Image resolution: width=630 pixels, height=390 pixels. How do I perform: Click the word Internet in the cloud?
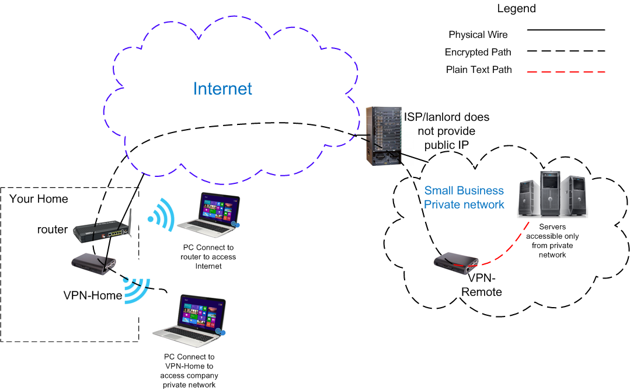pos(222,89)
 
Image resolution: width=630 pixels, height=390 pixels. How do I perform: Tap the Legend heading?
pos(516,9)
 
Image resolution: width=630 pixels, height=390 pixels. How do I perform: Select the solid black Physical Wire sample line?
pos(566,29)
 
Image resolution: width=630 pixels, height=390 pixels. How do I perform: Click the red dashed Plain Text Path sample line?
pos(566,72)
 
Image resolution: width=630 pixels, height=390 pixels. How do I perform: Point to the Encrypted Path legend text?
pos(478,53)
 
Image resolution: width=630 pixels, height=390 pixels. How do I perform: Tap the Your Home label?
pos(39,199)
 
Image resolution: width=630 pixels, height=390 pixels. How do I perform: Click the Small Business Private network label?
pos(464,198)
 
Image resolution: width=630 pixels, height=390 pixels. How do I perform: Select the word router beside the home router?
pos(52,229)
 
